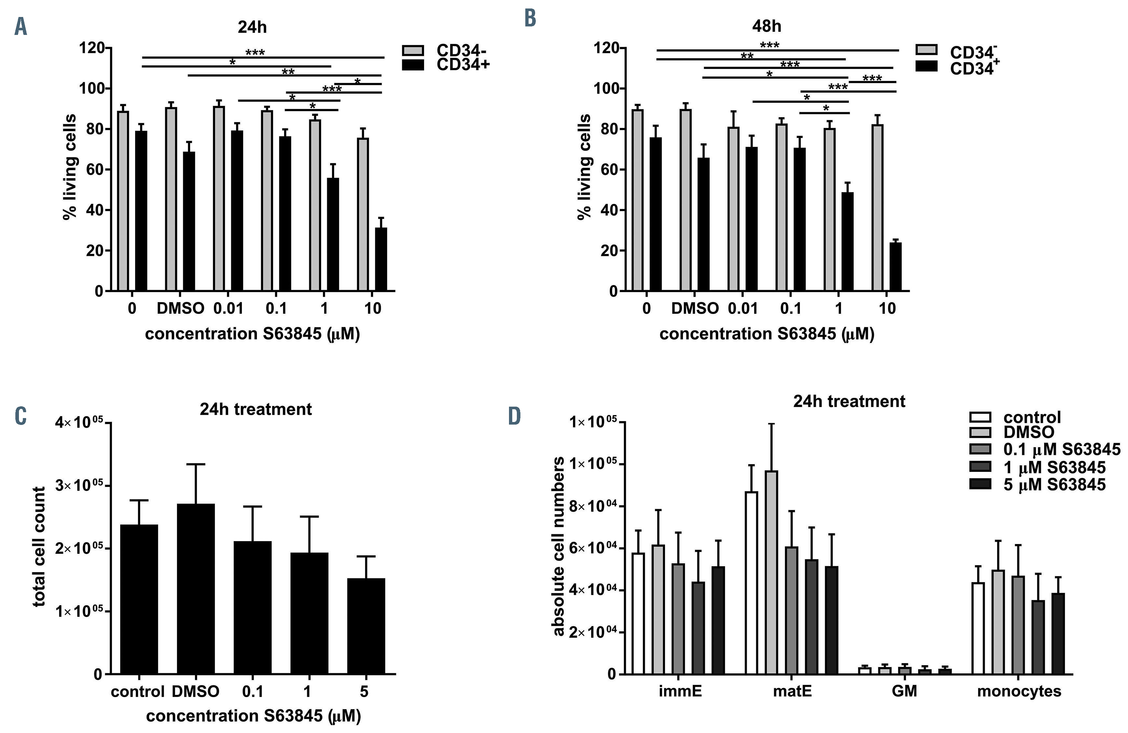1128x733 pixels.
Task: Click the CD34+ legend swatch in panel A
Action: (413, 65)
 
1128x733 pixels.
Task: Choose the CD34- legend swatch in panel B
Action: (927, 50)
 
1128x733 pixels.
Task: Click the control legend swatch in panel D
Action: (980, 417)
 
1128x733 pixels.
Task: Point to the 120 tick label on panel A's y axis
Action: (92, 48)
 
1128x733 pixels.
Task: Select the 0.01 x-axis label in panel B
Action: (743, 308)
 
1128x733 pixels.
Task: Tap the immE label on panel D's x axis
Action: (680, 691)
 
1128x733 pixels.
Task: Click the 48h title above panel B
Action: (766, 26)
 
